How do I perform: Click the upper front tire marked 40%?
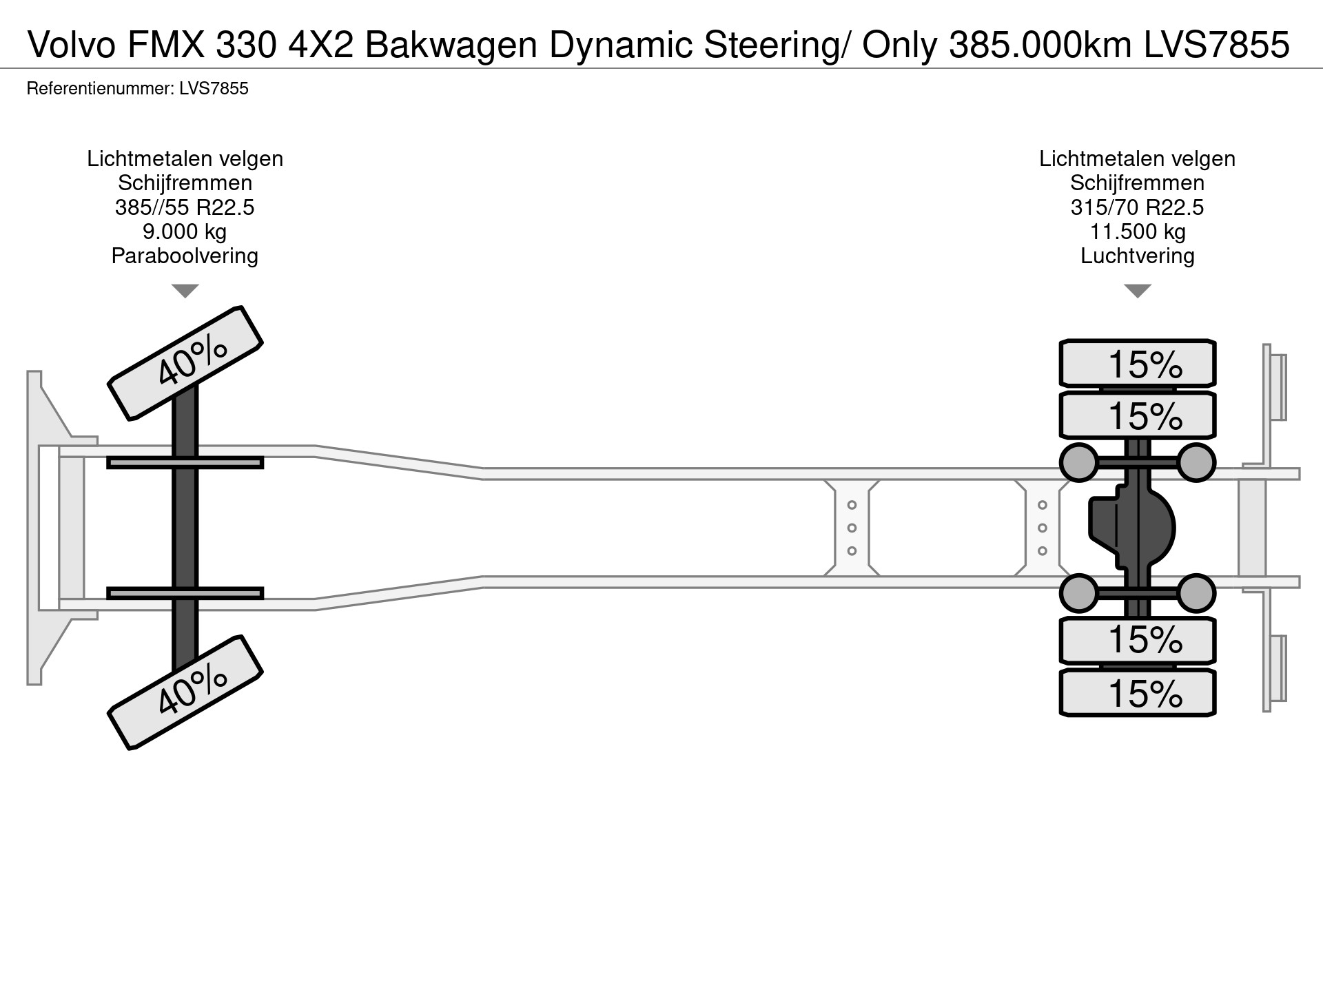[185, 363]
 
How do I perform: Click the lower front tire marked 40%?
[185, 692]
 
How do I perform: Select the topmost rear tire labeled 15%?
[1137, 364]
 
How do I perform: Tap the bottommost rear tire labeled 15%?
[1137, 693]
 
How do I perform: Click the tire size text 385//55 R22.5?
[185, 207]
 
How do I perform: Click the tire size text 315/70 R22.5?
[1137, 207]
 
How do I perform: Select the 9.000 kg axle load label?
[185, 231]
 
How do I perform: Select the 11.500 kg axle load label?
[1137, 231]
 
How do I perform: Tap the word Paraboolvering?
[185, 256]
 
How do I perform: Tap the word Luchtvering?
[1137, 256]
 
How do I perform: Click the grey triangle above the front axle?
[185, 291]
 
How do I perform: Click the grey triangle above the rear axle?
[1137, 291]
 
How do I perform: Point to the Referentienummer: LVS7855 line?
[137, 89]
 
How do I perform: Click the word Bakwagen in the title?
[451, 45]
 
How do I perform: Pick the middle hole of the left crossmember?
[852, 528]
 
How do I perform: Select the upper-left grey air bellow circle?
[1078, 462]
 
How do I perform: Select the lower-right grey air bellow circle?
[1196, 593]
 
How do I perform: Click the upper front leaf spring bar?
[185, 463]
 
